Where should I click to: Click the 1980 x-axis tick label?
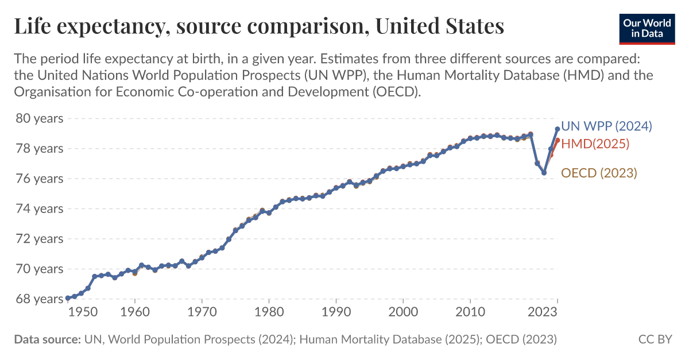[x=269, y=313]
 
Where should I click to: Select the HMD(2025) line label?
[x=595, y=144]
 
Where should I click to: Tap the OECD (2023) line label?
[x=599, y=172]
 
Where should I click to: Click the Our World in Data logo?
[x=646, y=29]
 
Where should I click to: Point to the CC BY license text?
[x=655, y=339]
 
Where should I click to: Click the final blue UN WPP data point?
[x=558, y=129]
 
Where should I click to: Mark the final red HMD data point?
[x=558, y=140]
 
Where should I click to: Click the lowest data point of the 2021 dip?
[x=544, y=173]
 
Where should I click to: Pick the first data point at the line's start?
[x=68, y=298]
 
